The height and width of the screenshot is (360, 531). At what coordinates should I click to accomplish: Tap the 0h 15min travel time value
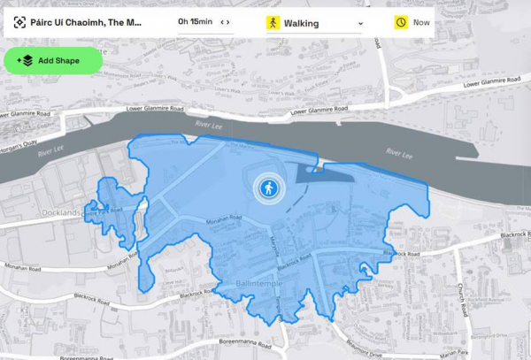click(196, 22)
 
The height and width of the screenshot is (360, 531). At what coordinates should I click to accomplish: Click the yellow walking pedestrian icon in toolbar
click(273, 22)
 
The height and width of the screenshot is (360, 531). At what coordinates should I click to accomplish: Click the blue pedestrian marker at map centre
click(268, 188)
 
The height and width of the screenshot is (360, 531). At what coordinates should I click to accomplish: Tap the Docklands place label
click(61, 213)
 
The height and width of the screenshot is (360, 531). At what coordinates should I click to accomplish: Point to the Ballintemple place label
click(245, 284)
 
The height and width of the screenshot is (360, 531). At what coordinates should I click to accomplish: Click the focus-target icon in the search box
click(19, 22)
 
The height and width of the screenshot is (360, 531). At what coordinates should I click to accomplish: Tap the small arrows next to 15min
click(225, 22)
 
